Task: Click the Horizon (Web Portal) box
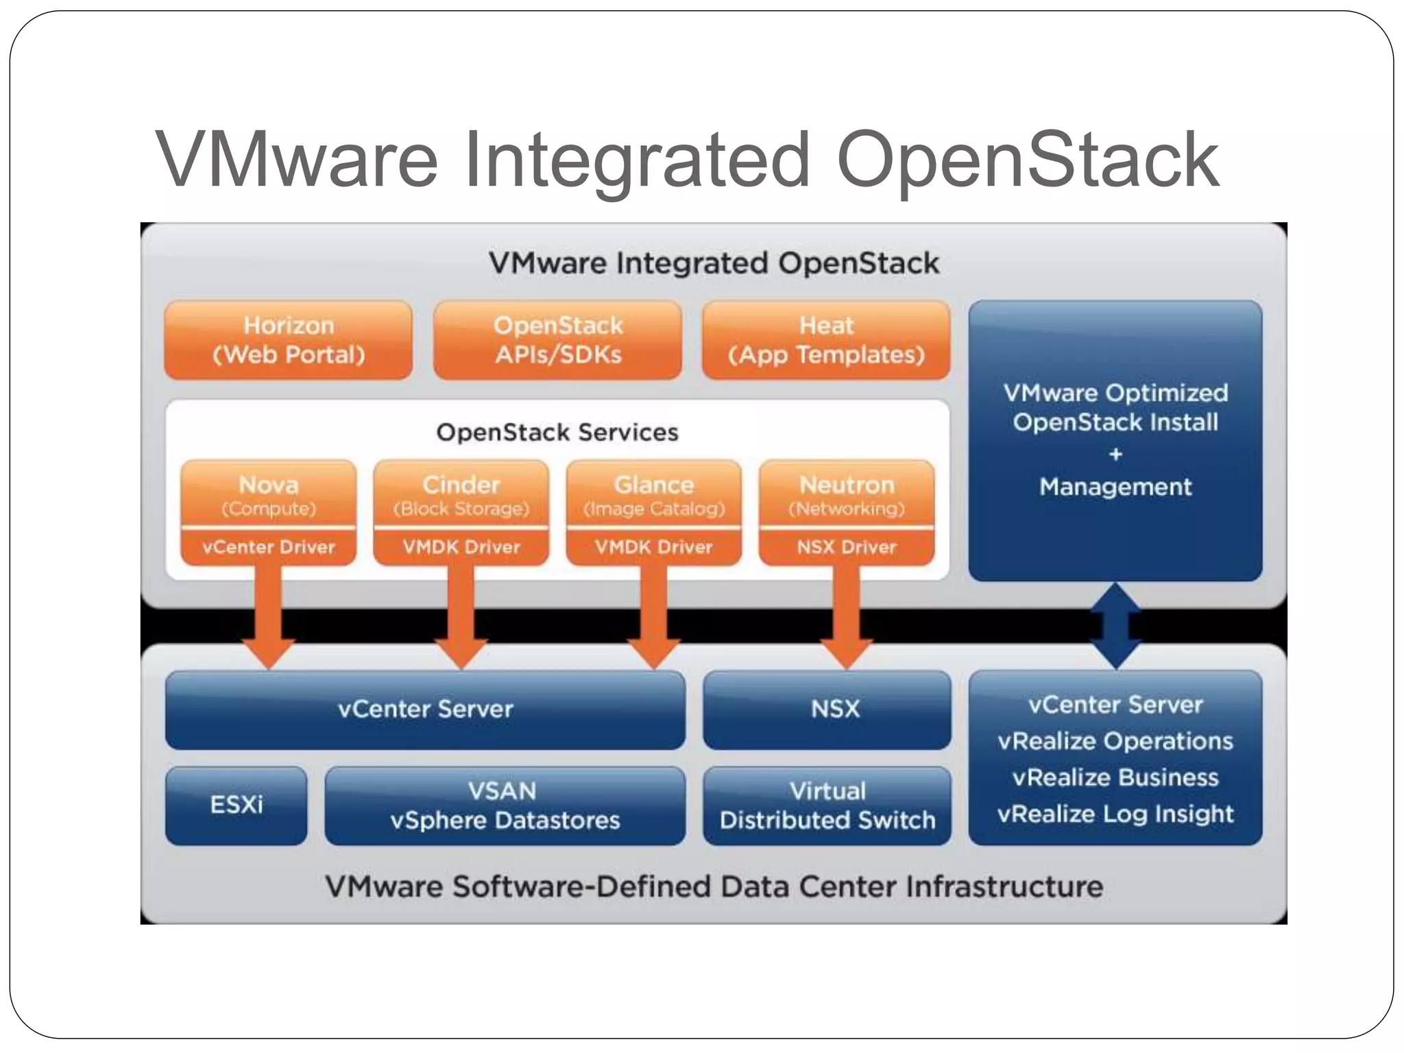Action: point(288,340)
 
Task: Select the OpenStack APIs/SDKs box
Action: point(557,340)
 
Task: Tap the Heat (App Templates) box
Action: point(826,340)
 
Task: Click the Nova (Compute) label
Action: point(268,494)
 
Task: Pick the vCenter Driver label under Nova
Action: point(268,547)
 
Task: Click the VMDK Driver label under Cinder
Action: point(461,547)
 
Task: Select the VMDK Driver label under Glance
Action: point(653,547)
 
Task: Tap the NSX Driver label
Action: point(846,547)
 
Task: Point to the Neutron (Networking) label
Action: point(846,494)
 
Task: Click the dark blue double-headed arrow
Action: point(1115,625)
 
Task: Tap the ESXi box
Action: point(236,805)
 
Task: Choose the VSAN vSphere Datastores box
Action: point(505,806)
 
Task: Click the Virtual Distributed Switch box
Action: point(827,806)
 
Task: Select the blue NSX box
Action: point(827,709)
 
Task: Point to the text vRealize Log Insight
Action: point(1115,814)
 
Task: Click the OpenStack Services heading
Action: point(557,433)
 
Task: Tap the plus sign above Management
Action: point(1115,454)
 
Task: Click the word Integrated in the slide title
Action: point(638,161)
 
